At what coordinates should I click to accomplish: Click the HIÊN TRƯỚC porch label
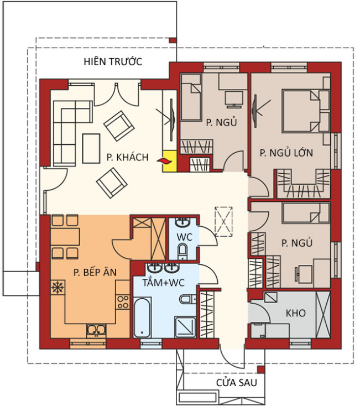coord(113,61)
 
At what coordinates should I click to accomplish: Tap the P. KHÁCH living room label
coord(127,157)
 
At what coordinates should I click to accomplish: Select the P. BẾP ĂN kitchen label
coord(95,272)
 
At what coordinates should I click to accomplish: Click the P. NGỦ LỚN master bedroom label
coord(286,152)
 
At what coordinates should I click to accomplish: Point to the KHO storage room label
coord(295,313)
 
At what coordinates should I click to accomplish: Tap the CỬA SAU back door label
coord(236,382)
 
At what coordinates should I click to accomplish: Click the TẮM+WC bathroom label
coord(164,283)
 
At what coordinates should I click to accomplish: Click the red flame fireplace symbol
coord(165,162)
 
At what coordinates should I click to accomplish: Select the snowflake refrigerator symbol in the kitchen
coord(57,288)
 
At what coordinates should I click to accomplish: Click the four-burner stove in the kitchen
coord(123,302)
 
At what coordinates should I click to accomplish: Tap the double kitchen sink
coord(96,331)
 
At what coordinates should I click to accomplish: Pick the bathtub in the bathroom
coord(142,318)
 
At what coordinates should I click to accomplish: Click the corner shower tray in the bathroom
coord(185,327)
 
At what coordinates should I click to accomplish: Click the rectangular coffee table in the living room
coord(91,148)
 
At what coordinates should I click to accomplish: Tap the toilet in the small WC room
coord(182,251)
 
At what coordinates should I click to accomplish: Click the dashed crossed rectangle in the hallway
coord(223,222)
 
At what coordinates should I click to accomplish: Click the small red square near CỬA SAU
coord(260,370)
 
